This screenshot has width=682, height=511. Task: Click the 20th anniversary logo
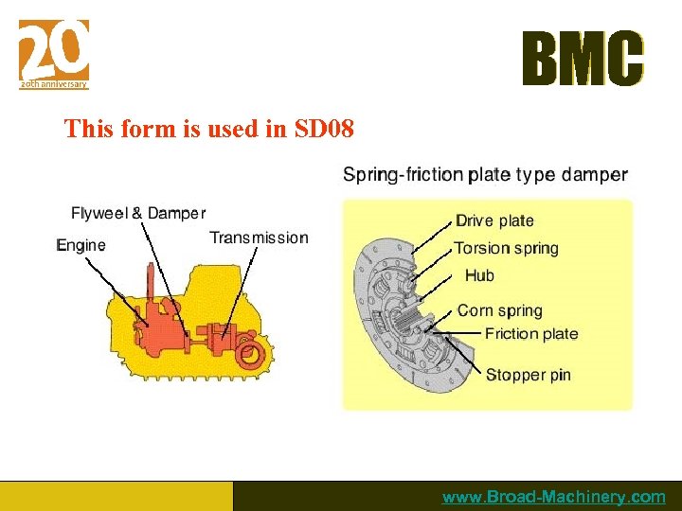tap(54, 54)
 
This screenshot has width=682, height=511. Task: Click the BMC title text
tap(583, 60)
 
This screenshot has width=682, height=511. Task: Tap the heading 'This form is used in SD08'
tap(208, 128)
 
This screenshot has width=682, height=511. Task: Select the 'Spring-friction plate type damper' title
tap(484, 174)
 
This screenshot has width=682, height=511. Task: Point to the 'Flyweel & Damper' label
tap(138, 213)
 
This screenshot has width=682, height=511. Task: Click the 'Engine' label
tap(81, 245)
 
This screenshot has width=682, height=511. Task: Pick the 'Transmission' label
tap(259, 238)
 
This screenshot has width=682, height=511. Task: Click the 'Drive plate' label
tap(494, 220)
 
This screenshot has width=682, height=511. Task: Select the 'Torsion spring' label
tap(506, 248)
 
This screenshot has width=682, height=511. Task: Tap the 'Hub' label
tap(479, 275)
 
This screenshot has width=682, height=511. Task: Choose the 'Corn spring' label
tap(499, 310)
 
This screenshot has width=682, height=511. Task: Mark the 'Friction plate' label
tap(530, 333)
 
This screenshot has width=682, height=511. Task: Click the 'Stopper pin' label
tap(528, 375)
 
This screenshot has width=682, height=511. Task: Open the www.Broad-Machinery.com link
tap(554, 497)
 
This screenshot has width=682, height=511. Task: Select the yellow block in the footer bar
tap(116, 496)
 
